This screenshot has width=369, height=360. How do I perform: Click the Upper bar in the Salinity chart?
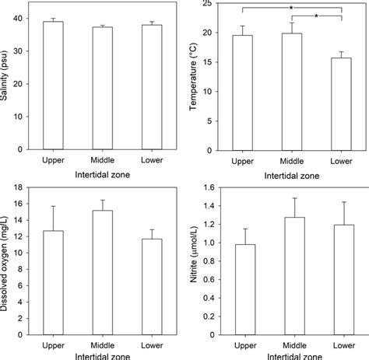[53, 86]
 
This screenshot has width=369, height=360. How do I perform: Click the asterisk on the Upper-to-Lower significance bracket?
[291, 7]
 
